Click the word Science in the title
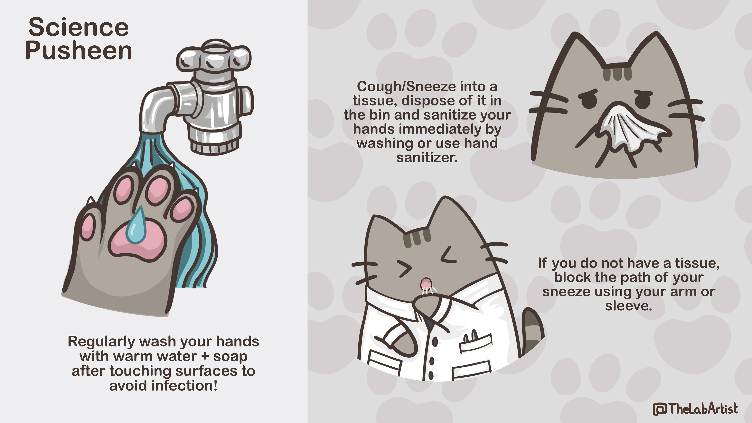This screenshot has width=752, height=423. pyautogui.click(x=79, y=27)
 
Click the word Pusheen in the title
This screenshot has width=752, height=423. pyautogui.click(x=79, y=51)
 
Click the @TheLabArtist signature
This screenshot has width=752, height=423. pyautogui.click(x=695, y=408)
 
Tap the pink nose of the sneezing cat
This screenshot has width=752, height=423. pyautogui.click(x=426, y=283)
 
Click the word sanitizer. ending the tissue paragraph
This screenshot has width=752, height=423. pyautogui.click(x=427, y=158)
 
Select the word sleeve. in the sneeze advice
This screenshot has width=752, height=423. pyautogui.click(x=628, y=306)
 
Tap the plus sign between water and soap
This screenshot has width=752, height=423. pyautogui.click(x=205, y=356)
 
